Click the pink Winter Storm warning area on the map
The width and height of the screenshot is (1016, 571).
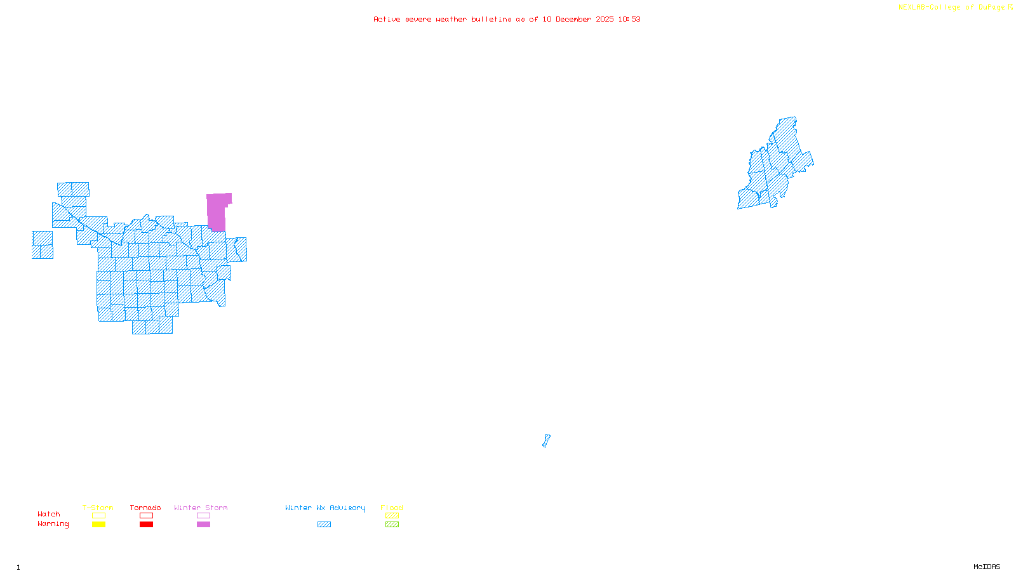click(217, 212)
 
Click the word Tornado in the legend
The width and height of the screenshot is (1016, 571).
click(145, 508)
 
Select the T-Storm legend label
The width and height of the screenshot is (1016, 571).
click(98, 508)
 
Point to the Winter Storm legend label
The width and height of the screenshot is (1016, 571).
click(201, 508)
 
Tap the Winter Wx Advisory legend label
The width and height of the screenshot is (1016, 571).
click(325, 508)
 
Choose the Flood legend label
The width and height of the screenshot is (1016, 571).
click(392, 508)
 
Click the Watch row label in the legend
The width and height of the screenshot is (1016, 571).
click(49, 514)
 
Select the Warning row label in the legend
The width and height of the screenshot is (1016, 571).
click(53, 524)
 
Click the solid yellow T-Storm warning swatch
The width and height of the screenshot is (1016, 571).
click(98, 525)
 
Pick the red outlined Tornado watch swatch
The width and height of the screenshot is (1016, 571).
click(146, 516)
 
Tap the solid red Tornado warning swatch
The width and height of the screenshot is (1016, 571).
click(146, 525)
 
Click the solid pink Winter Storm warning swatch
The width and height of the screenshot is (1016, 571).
click(203, 525)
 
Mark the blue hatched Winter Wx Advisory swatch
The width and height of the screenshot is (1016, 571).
click(324, 525)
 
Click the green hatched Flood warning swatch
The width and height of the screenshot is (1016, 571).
click(392, 525)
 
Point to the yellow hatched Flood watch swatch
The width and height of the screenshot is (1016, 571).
click(392, 516)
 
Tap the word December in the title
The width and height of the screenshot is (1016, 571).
click(573, 19)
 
